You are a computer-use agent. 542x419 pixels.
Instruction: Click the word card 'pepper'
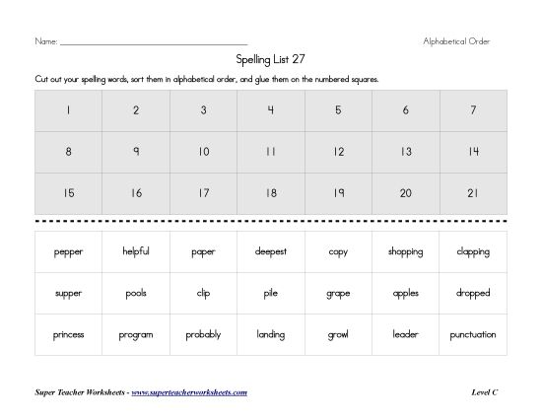[x=69, y=251]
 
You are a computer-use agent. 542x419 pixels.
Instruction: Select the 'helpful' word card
[x=136, y=251]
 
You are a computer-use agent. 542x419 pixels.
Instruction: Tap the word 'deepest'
[x=271, y=251]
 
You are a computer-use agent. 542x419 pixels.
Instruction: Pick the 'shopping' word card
[x=406, y=251]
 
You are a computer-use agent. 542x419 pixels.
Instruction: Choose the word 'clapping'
[x=473, y=251]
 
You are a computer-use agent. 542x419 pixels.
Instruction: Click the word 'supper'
[x=69, y=293]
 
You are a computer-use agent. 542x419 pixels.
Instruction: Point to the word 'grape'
[x=338, y=293]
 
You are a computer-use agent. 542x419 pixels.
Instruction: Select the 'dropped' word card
[x=473, y=293]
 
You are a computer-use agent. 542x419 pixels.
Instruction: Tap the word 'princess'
[x=69, y=334]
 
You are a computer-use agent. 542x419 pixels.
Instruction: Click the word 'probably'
[x=203, y=334]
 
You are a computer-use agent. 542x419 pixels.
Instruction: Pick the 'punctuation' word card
[x=473, y=334]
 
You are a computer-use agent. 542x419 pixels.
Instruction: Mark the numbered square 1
[x=69, y=110]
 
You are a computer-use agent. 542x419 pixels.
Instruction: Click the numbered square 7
[x=473, y=110]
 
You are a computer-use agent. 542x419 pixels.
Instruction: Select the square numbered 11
[x=271, y=152]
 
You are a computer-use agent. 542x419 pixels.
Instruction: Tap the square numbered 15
[x=69, y=193]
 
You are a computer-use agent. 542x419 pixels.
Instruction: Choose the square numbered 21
[x=473, y=193]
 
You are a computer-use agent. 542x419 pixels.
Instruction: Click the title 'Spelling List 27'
[x=271, y=59]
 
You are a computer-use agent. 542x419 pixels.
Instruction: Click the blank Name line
[x=153, y=42]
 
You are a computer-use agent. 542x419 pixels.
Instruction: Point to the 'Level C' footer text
[x=485, y=392]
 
